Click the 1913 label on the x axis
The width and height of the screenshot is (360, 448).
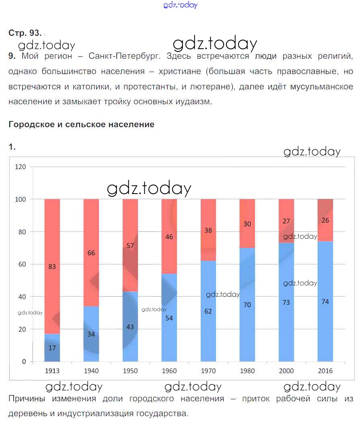tap(52, 371)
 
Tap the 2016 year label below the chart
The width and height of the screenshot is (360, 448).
tap(325, 371)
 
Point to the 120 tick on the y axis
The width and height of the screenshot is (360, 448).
tap(21, 167)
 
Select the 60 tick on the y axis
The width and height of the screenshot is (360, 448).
tap(22, 264)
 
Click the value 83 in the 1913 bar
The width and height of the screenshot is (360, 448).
tap(52, 266)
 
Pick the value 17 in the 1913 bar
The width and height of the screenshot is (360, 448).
tap(52, 348)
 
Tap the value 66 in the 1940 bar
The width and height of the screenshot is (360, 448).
tap(91, 253)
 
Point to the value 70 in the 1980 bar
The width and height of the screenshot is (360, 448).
tap(247, 305)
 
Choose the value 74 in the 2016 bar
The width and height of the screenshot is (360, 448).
tap(325, 301)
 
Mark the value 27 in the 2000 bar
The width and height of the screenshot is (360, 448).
tap(286, 221)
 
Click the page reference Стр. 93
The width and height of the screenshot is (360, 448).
tap(25, 33)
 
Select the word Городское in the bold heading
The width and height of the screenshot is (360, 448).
tap(31, 124)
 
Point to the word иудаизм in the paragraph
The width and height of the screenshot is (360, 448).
tap(194, 102)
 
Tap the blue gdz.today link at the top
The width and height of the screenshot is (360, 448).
tap(181, 5)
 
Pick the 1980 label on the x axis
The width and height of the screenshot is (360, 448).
tap(247, 371)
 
